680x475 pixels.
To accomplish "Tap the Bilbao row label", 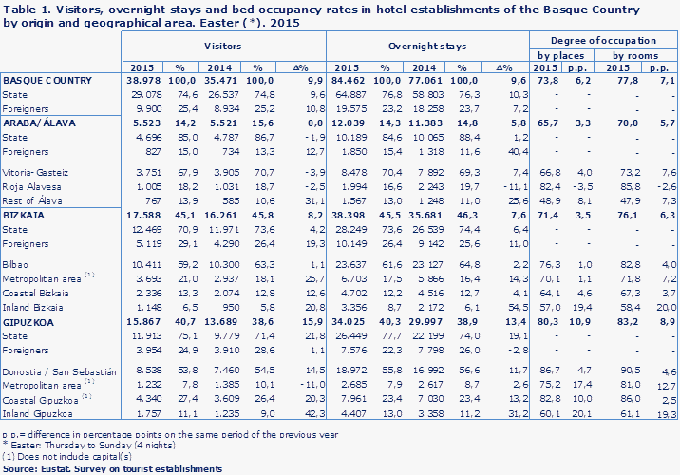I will pyautogui.click(x=16, y=261).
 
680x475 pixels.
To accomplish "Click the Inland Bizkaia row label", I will pyautogui.click(x=31, y=308).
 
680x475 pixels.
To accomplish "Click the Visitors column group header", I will pyautogui.click(x=223, y=46).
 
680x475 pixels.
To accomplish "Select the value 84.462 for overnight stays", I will pyautogui.click(x=352, y=82).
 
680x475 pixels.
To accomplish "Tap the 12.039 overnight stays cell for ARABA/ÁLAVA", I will pyautogui.click(x=352, y=123).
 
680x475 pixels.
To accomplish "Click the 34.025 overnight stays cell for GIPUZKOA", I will pyautogui.click(x=352, y=322).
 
